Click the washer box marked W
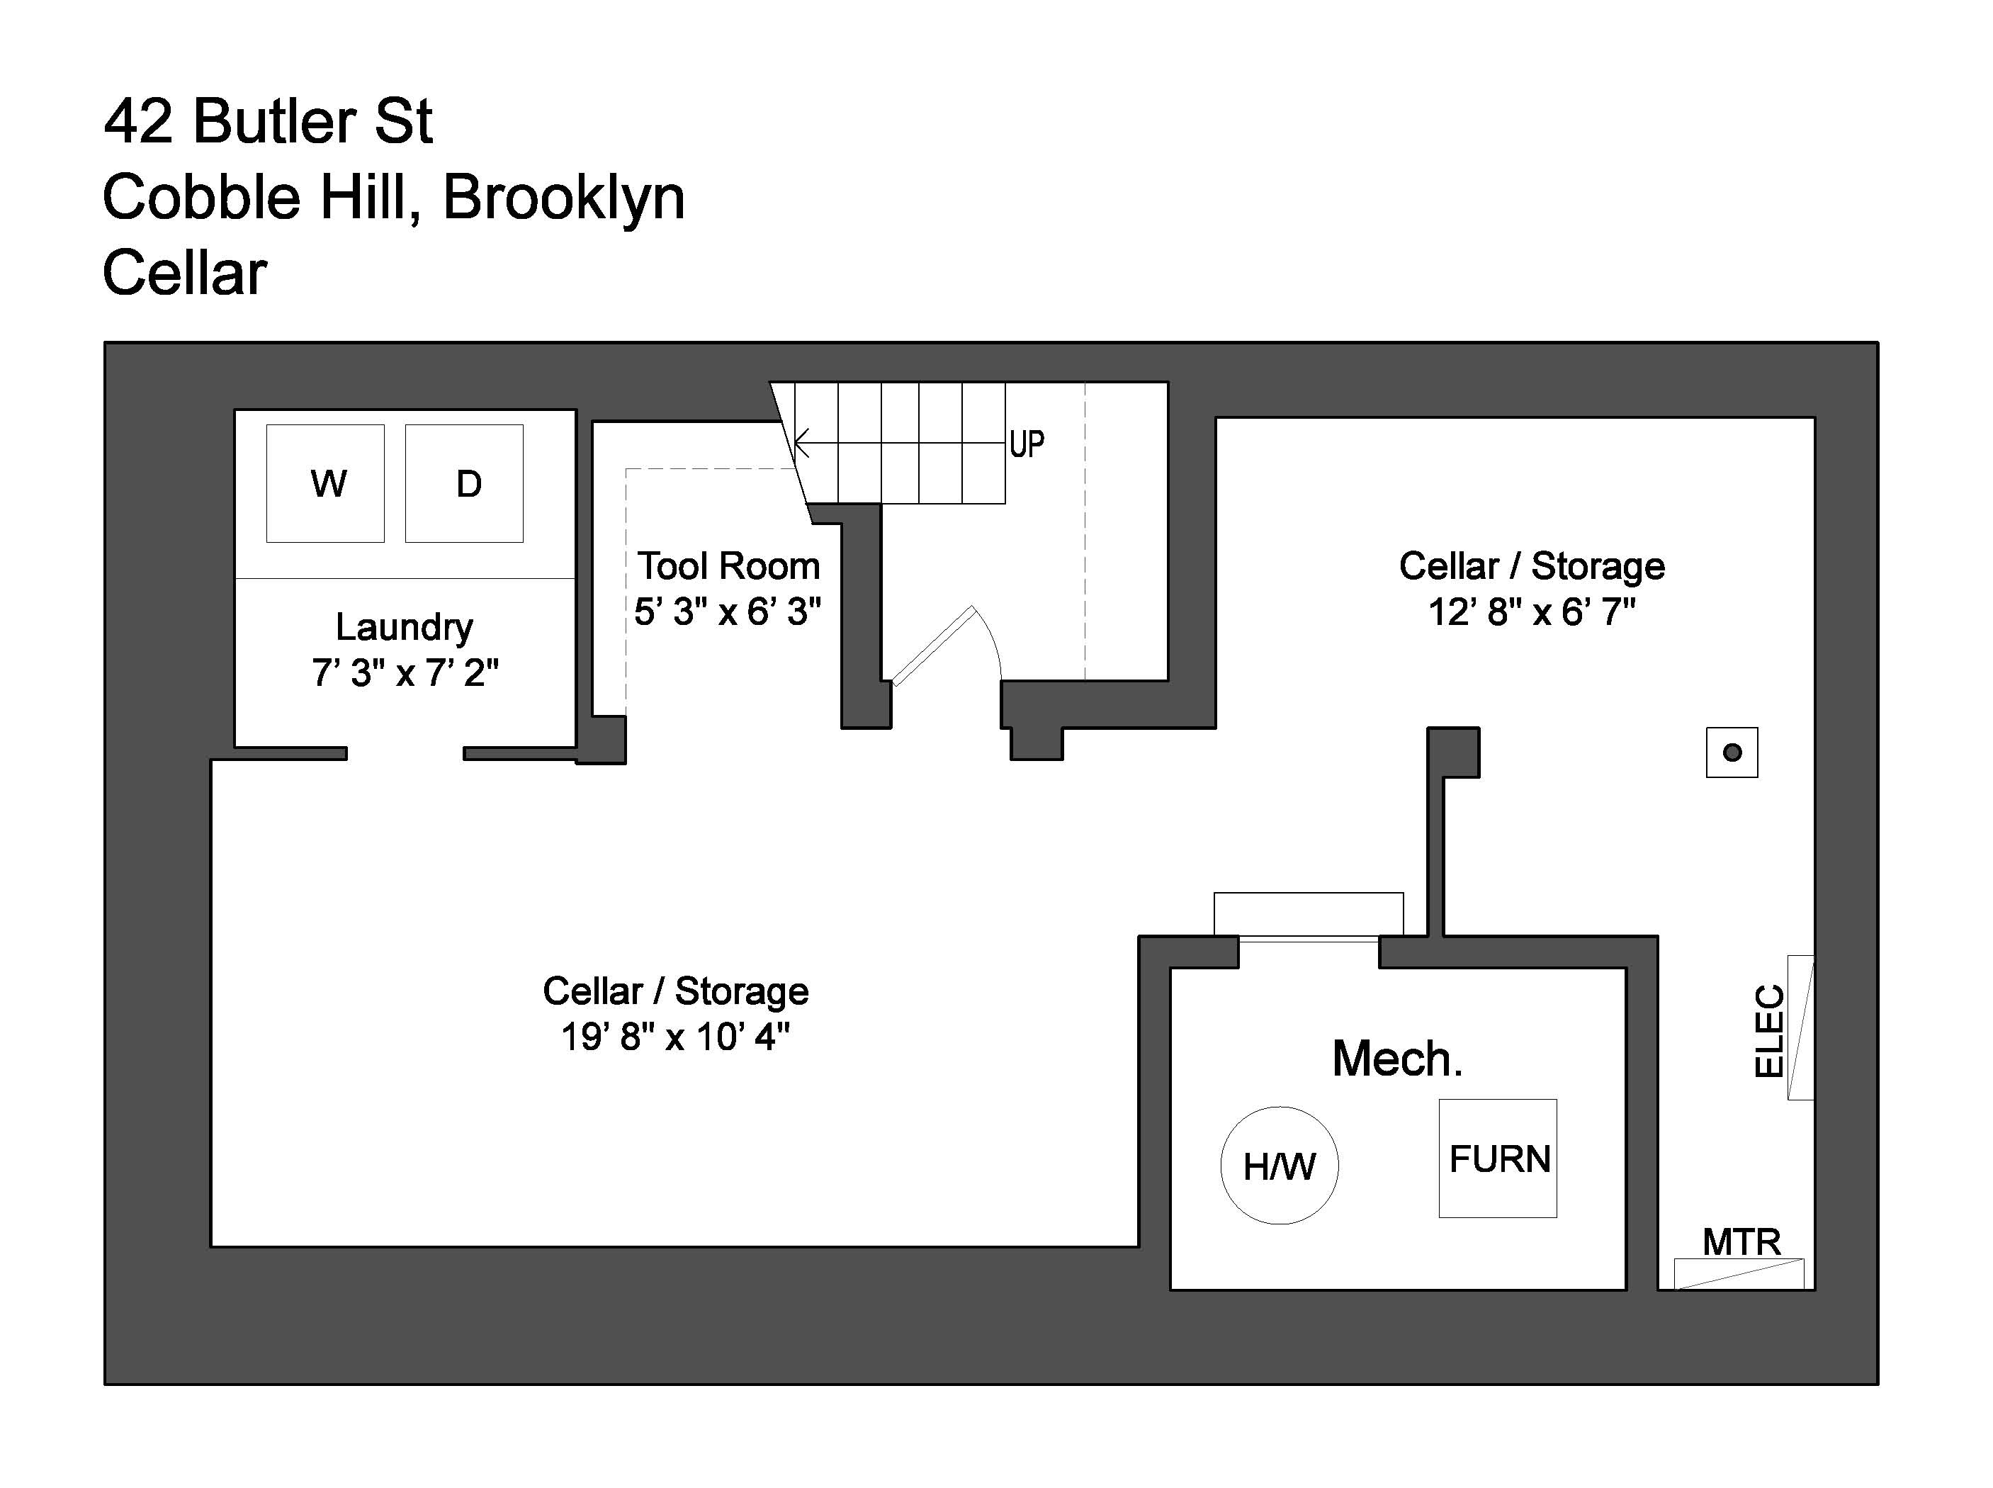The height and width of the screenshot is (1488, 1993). [x=325, y=484]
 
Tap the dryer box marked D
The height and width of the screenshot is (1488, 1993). [x=464, y=484]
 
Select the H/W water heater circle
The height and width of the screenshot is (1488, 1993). [x=1279, y=1166]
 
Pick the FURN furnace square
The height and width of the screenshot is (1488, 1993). [x=1498, y=1159]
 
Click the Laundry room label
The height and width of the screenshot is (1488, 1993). [x=405, y=627]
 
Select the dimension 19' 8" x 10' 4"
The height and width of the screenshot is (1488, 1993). [x=675, y=1037]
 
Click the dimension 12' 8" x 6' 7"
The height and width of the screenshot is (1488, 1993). [x=1531, y=612]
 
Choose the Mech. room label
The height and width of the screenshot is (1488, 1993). [x=1397, y=1059]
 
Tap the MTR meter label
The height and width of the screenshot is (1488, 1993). [x=1741, y=1242]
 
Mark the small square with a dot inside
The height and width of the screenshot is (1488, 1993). [x=1732, y=752]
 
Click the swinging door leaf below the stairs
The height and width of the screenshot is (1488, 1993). [x=933, y=645]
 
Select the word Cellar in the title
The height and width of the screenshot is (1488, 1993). [x=185, y=273]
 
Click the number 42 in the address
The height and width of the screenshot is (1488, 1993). [x=137, y=122]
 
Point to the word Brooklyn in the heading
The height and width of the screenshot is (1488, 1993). [x=564, y=197]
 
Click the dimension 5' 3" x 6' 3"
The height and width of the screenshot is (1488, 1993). [x=728, y=612]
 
